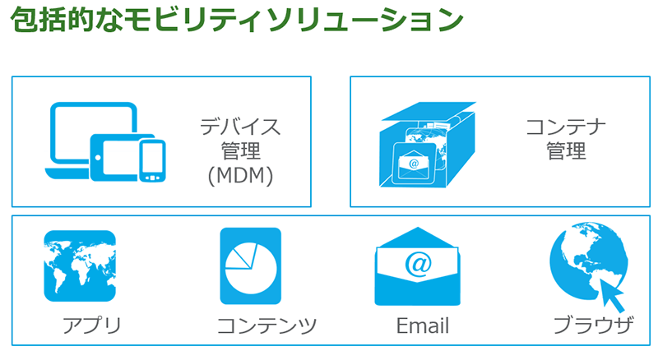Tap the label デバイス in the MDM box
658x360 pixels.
[x=240, y=127]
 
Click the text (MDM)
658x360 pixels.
[x=240, y=175]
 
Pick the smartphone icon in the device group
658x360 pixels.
[x=152, y=159]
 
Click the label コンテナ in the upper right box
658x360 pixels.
[x=566, y=127]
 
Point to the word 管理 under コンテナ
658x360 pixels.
[x=566, y=151]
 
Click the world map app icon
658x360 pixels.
[x=80, y=265]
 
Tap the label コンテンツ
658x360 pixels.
[x=266, y=325]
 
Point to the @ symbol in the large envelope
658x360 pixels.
[x=418, y=264]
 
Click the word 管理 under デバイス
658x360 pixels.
[x=240, y=151]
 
